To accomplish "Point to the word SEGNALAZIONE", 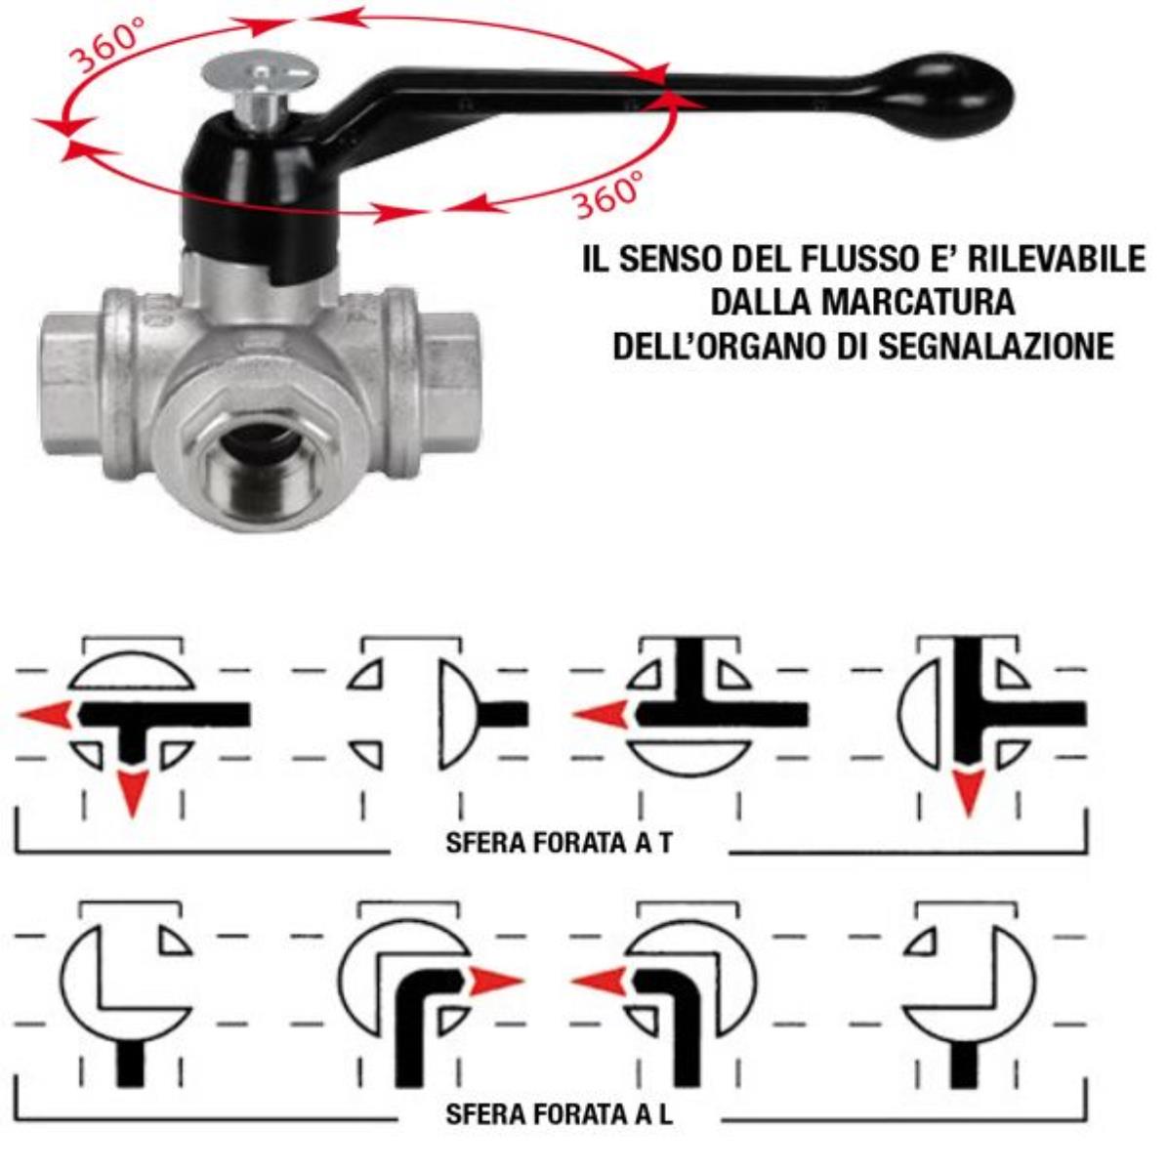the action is tap(996, 346).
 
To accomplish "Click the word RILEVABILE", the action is tap(1056, 258).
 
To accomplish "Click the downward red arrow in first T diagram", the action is tap(133, 792).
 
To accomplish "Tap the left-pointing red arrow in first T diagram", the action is tap(46, 714).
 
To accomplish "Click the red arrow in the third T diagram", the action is tap(601, 714).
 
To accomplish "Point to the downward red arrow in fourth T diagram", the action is tap(968, 792).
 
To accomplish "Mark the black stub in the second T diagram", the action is tap(504, 713).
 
